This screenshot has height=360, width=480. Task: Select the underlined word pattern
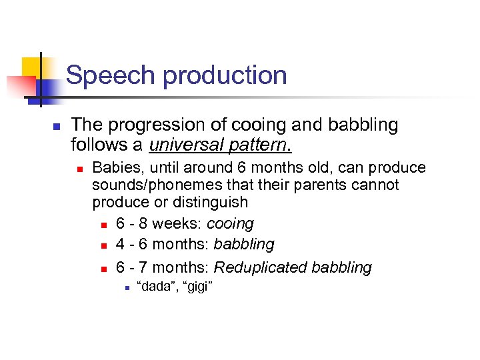[264, 143]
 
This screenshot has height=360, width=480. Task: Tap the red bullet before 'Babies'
[79, 169]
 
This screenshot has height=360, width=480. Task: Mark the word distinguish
[213, 202]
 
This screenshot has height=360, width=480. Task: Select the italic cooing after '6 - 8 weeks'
[231, 223]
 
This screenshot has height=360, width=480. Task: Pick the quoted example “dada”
[154, 287]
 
